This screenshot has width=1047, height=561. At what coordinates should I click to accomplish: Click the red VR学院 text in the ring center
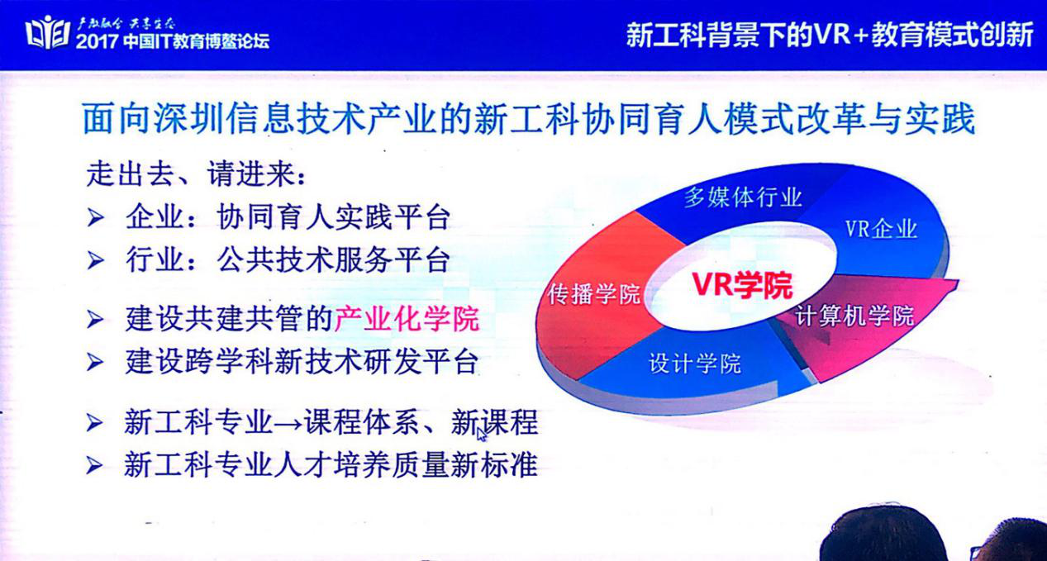(742, 284)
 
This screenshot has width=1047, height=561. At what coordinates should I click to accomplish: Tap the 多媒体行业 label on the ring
(743, 197)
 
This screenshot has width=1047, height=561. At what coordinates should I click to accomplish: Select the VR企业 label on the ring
(882, 229)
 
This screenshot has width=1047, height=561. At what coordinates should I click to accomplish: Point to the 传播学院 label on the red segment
(594, 293)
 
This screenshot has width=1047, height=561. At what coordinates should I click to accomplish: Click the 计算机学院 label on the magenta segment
(855, 316)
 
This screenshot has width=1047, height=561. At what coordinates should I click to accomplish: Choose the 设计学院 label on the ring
(695, 364)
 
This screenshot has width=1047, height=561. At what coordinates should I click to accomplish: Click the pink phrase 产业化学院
(407, 319)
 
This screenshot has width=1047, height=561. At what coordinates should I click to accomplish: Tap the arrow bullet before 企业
(95, 217)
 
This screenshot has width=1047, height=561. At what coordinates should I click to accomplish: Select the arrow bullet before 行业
(95, 260)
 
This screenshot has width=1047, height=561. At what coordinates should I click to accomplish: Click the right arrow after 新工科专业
(288, 423)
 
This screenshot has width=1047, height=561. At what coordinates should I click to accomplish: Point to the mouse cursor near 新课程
(482, 435)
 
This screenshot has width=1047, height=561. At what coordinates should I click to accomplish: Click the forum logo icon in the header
(47, 32)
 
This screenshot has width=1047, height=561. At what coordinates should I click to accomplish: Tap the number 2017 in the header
(97, 41)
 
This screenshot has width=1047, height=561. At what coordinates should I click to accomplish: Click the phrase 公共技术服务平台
(334, 259)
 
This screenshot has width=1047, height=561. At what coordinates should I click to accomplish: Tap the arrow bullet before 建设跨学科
(95, 363)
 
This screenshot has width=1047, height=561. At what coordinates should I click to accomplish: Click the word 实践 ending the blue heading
(940, 119)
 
